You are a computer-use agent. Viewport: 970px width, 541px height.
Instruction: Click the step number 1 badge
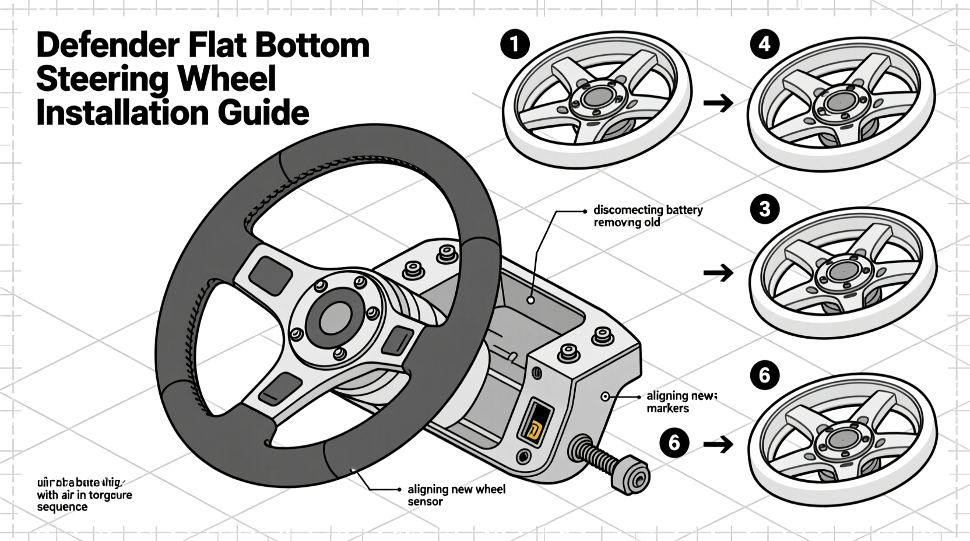coord(515,45)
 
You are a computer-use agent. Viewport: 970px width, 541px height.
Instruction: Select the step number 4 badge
coord(765,44)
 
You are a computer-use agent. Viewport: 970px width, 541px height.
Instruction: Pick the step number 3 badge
coord(765,209)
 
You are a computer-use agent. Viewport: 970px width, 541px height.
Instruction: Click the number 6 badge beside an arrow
coord(674,443)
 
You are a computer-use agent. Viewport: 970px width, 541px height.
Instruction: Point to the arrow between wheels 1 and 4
coord(718,104)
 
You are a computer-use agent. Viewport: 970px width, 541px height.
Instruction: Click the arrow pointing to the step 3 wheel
coord(718,272)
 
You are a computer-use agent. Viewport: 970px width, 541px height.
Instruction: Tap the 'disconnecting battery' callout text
coord(648,210)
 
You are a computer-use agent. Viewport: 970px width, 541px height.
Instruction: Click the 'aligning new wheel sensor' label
coord(456,495)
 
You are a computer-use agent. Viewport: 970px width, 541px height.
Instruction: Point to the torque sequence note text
coord(84,495)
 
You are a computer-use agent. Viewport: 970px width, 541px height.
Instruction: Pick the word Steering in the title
coord(104,79)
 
